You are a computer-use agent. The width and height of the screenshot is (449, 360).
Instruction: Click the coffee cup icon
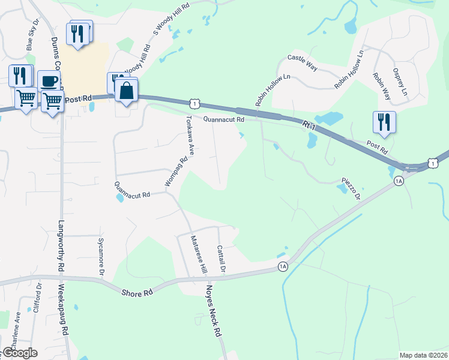49,81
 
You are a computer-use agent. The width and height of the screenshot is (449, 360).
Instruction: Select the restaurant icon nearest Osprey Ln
384,122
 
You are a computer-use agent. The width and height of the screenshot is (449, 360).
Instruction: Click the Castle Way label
301,61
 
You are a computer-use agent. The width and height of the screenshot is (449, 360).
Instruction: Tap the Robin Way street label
381,86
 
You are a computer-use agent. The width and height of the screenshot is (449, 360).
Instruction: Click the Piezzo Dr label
351,188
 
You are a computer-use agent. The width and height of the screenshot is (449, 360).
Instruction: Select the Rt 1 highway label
309,127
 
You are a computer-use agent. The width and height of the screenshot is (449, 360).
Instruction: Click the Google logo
20,353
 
